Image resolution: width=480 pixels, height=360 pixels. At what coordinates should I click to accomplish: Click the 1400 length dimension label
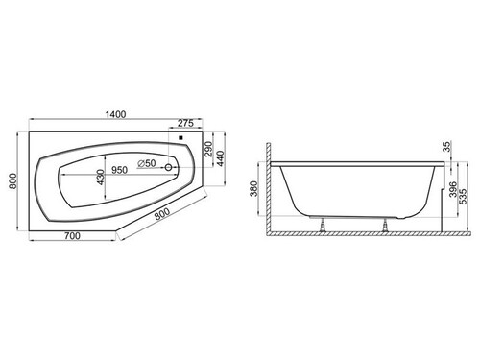115,114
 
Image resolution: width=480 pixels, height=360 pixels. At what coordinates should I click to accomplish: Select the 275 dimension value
185,123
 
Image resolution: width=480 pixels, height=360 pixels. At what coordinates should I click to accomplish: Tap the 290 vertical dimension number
208,149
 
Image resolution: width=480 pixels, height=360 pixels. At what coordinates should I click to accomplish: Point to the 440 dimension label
221,158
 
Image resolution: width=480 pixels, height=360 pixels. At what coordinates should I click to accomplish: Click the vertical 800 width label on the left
12,180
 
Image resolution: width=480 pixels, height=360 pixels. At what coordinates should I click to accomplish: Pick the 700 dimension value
72,236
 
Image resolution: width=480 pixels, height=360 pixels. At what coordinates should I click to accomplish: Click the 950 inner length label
119,170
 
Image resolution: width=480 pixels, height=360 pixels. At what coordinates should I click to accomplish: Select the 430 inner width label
101,178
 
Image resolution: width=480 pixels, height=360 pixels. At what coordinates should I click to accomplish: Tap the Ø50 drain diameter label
147,163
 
